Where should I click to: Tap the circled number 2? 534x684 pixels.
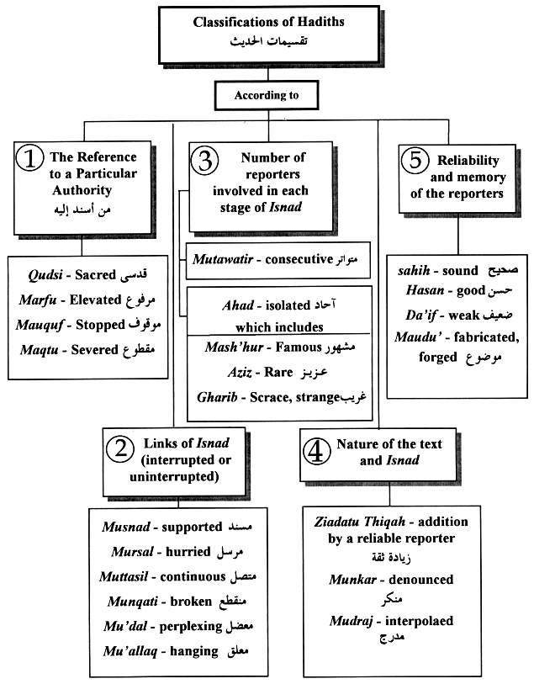(123, 449)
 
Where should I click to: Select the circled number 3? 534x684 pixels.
(206, 160)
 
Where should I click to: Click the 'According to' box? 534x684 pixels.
(267, 96)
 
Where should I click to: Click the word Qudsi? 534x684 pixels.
(47, 274)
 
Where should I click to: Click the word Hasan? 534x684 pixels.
(415, 294)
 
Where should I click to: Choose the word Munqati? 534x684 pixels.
(130, 602)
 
